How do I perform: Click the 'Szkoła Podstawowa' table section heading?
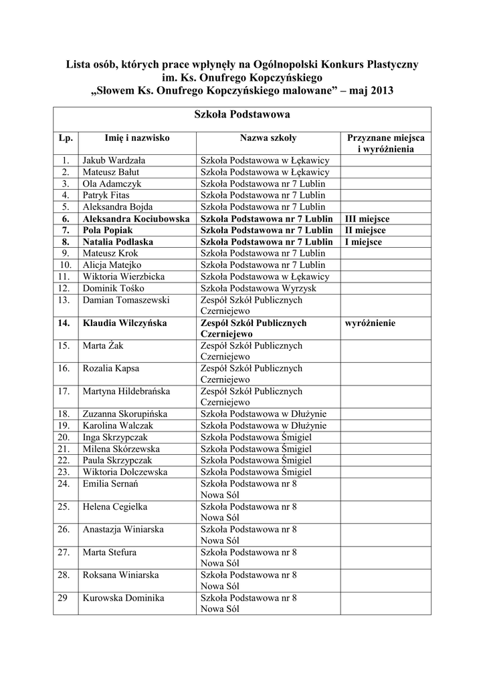coord(241,115)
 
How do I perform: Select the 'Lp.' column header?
coord(65,138)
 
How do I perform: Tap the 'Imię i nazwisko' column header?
coord(137,138)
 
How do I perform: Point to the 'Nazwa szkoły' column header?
coord(268,138)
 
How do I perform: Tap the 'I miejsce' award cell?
coord(363,242)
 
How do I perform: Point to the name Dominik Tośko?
coord(112,288)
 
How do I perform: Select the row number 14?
coord(65,323)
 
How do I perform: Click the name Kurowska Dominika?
coord(123,598)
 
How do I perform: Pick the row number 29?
coord(64,598)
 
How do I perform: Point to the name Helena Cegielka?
coord(114,506)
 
